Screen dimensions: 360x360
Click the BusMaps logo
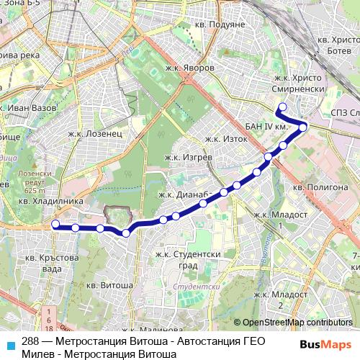tap(327, 344)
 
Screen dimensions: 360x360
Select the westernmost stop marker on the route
tap(55, 225)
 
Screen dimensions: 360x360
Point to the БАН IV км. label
tap(267, 126)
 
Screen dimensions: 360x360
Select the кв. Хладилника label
tap(47, 202)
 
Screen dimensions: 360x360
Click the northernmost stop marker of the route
tap(282, 107)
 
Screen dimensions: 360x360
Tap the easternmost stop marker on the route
tap(304, 127)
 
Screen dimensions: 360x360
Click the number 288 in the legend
tap(30, 341)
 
